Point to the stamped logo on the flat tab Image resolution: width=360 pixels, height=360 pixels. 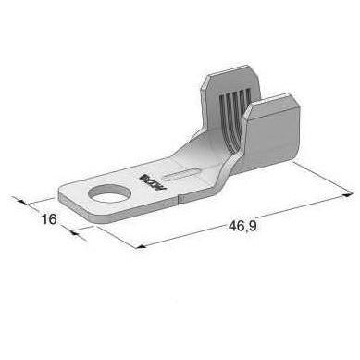point(146,171)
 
